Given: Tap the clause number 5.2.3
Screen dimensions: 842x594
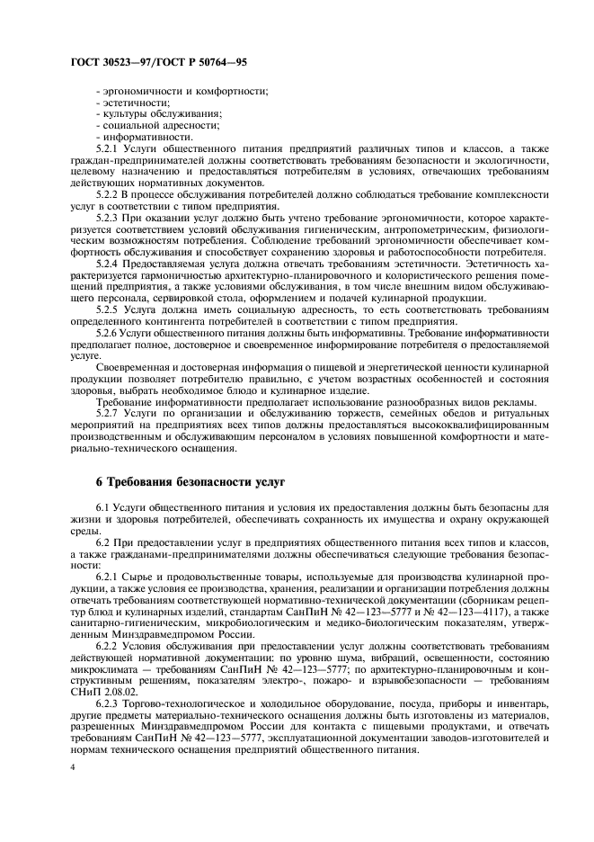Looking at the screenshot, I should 108,217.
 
